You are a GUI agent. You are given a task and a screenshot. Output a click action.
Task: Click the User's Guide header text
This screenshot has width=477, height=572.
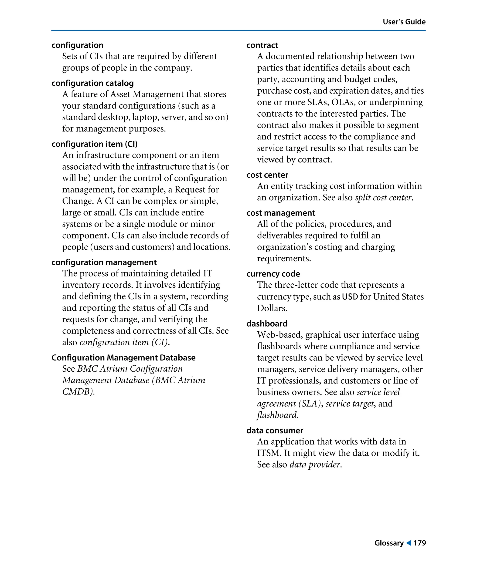click(404, 22)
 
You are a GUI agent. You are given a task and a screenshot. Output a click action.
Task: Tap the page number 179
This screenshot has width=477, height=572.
click(419, 543)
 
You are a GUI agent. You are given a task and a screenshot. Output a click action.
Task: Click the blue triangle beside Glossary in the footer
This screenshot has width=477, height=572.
click(408, 543)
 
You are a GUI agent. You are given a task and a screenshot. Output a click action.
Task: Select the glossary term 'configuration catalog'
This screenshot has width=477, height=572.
click(92, 83)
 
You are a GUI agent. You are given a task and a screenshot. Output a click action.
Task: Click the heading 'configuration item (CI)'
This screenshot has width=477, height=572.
click(94, 144)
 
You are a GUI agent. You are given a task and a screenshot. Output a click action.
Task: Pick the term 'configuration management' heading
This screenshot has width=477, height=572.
click(104, 262)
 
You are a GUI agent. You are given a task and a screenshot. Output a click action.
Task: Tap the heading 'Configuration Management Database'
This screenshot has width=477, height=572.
click(123, 357)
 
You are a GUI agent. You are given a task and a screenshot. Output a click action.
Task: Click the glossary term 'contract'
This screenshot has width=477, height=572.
click(262, 45)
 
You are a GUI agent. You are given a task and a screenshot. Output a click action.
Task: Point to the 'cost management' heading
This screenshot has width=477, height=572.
click(280, 213)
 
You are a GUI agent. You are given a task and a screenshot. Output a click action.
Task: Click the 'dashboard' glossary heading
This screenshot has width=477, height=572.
click(267, 324)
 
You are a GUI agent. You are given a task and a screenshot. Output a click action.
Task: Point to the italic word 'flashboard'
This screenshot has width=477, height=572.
click(277, 415)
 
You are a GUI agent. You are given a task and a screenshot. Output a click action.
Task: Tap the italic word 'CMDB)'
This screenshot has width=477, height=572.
click(78, 391)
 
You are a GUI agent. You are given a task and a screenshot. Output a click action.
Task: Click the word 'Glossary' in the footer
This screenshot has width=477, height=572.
click(389, 543)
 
